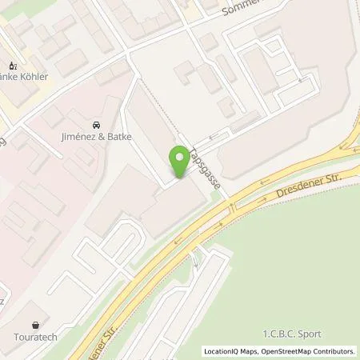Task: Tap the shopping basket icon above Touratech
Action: click(x=35, y=326)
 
